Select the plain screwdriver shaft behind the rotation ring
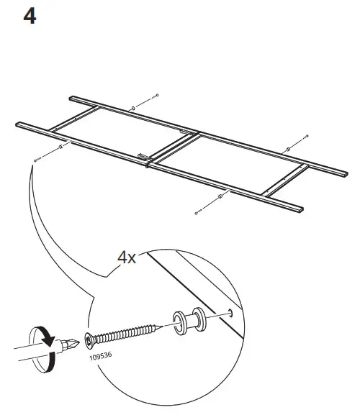coord(18,353)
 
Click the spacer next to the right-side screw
coord(288,148)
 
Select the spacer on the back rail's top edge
coord(132,109)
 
